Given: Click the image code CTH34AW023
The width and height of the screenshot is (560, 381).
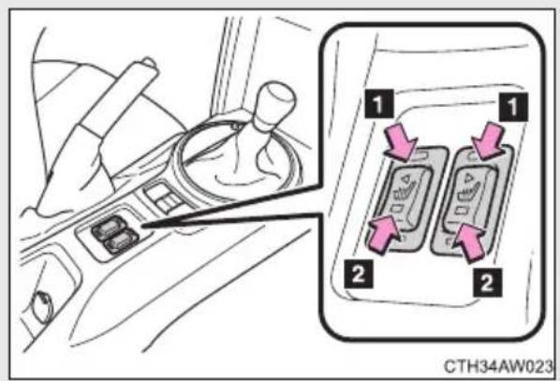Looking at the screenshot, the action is tap(498, 366).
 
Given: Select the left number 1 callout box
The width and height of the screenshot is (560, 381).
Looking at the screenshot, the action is tap(378, 104).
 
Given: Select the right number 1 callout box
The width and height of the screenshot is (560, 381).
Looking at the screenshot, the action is tap(513, 107).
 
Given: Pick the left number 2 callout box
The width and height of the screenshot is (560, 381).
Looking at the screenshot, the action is tap(359, 274).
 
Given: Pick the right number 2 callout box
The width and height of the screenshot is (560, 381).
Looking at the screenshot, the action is tap(488, 283).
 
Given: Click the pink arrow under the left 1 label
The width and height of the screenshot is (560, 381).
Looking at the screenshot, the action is tap(401, 143).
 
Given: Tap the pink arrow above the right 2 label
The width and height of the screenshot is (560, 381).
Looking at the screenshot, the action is tap(471, 242).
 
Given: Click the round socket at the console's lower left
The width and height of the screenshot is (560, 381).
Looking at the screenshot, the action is tap(43, 306).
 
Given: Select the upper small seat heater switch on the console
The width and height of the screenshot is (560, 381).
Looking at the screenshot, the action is tap(107, 227).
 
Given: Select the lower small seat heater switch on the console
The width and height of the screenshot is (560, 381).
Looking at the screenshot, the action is tap(121, 241).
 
